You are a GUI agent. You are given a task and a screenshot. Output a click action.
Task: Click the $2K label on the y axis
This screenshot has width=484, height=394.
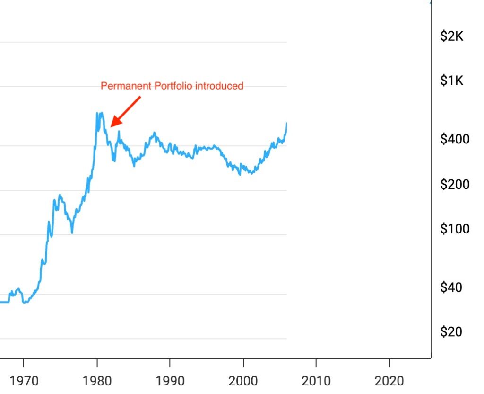(451, 36)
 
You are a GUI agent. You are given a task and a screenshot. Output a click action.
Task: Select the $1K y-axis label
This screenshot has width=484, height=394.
(451, 81)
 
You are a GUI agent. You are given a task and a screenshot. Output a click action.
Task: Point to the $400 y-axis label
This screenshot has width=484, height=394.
(455, 139)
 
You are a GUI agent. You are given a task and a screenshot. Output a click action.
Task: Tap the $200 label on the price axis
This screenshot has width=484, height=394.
(455, 184)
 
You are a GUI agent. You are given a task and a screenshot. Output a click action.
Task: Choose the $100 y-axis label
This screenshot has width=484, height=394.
(455, 229)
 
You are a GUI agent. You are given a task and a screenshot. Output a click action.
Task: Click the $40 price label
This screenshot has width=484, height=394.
(451, 287)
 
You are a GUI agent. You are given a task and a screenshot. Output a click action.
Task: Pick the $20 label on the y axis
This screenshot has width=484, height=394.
(451, 332)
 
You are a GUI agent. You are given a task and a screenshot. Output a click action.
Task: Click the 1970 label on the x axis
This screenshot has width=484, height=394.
(24, 380)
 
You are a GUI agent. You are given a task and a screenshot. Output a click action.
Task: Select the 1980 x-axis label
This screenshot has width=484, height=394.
(97, 380)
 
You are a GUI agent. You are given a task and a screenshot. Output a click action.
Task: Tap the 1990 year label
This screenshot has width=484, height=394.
(170, 380)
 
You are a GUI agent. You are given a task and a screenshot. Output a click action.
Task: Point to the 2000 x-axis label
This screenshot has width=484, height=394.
(243, 380)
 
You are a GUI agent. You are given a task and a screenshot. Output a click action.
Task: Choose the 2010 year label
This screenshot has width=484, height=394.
(316, 380)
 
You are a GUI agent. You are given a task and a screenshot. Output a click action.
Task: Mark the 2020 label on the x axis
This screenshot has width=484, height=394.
(389, 380)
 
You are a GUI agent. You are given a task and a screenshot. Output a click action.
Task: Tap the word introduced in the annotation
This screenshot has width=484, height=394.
(219, 86)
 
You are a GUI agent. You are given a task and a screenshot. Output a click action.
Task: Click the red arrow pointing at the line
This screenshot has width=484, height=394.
(125, 112)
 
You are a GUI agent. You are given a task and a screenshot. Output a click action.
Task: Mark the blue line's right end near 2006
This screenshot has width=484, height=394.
(286, 124)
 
